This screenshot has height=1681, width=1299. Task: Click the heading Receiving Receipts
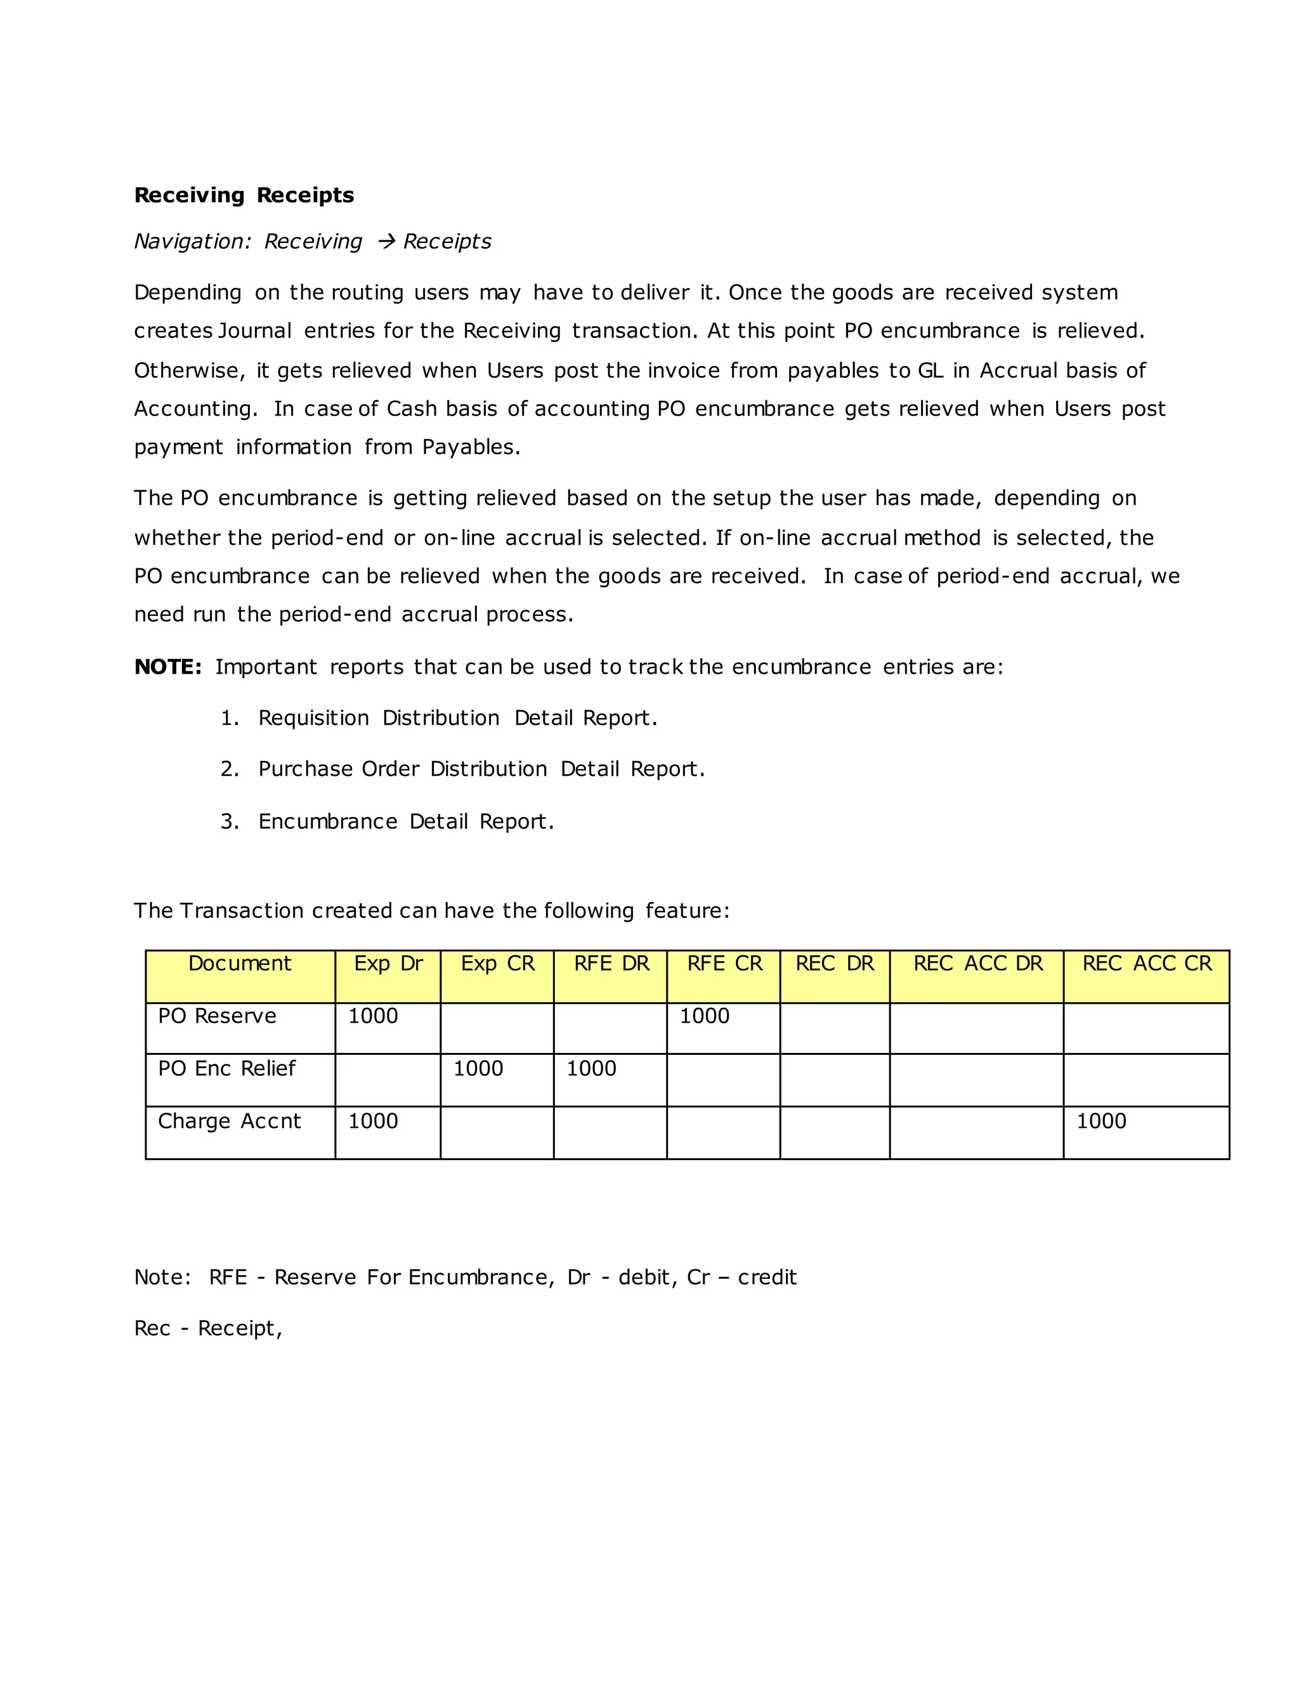coord(244,195)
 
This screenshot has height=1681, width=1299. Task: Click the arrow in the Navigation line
coord(386,242)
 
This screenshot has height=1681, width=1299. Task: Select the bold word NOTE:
coord(167,667)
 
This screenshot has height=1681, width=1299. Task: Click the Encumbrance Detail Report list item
coord(405,821)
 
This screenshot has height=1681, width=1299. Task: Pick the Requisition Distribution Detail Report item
coord(457,718)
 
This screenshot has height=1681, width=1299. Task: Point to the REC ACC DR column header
coord(977,964)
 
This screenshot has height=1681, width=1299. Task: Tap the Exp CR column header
coord(497,964)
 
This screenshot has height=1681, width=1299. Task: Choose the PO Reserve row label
coord(217,1016)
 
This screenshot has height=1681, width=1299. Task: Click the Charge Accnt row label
coord(230,1121)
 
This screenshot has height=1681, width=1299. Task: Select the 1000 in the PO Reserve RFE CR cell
coord(704,1016)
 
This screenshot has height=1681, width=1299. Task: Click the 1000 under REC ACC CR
coord(1100,1121)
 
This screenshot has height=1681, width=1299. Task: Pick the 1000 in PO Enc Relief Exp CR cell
coord(478,1068)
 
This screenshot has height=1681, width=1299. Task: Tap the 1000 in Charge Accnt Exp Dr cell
coord(372,1121)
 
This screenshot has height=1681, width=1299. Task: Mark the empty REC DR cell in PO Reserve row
coord(834,1028)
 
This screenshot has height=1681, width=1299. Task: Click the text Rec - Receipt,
coord(208,1328)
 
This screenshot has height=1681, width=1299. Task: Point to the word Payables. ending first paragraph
coord(471,447)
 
